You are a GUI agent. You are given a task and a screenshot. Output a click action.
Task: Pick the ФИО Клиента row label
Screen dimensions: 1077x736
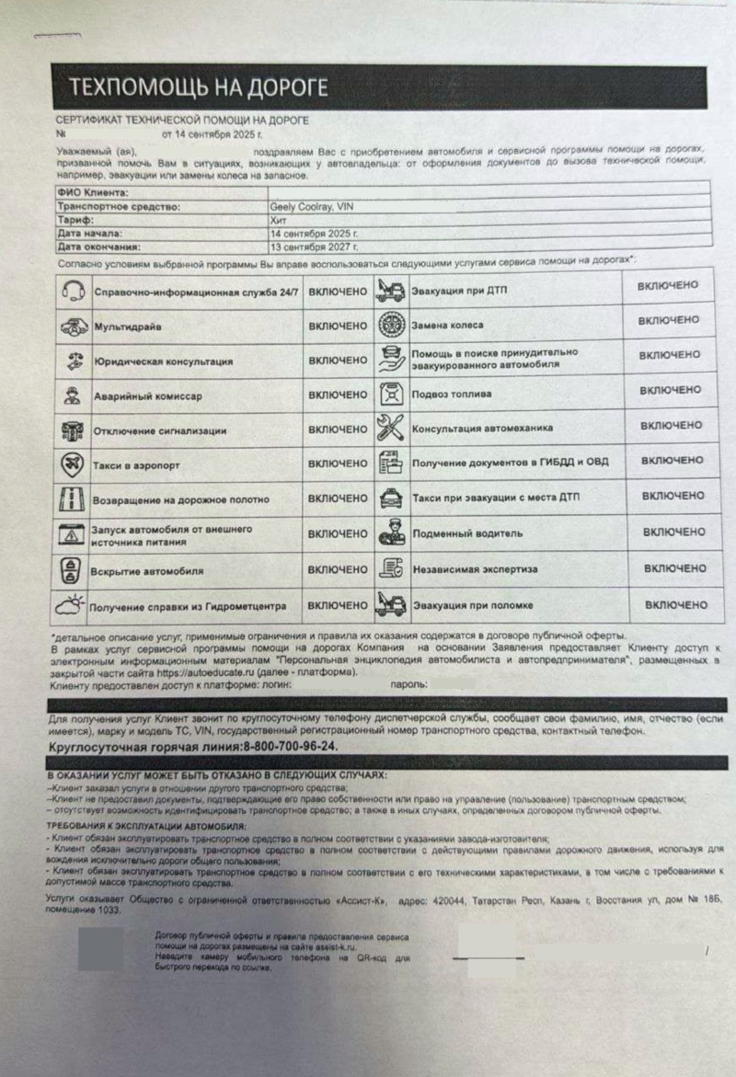[x=92, y=193]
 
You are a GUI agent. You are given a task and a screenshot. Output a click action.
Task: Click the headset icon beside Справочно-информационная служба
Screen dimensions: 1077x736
[x=74, y=292]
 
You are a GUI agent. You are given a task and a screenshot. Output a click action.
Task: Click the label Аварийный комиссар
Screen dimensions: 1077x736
[x=147, y=396]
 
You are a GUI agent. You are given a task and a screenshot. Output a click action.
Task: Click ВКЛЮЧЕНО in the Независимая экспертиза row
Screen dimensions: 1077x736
[x=674, y=568]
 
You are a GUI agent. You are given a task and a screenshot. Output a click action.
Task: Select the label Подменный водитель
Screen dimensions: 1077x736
[x=467, y=533]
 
